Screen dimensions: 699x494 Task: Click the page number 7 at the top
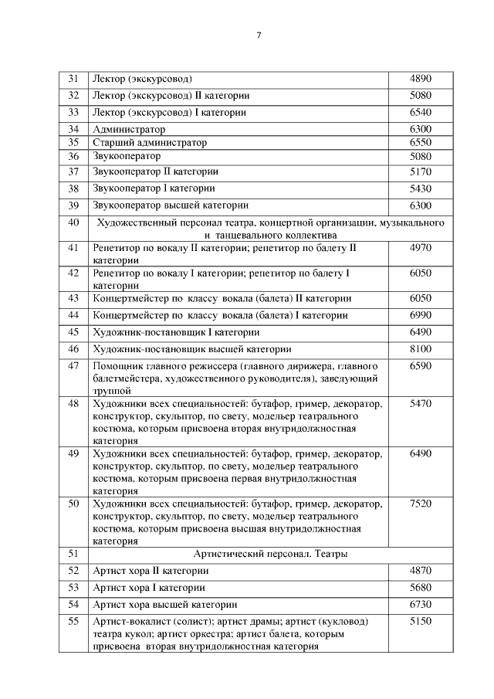click(x=259, y=35)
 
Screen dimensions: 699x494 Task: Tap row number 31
click(x=74, y=79)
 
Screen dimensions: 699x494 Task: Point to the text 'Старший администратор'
click(x=150, y=142)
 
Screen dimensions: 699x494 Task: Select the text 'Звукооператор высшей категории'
click(x=170, y=205)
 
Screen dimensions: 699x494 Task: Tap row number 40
click(x=74, y=222)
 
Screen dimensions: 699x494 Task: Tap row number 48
click(x=74, y=403)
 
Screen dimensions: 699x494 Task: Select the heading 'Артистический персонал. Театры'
click(x=270, y=554)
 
